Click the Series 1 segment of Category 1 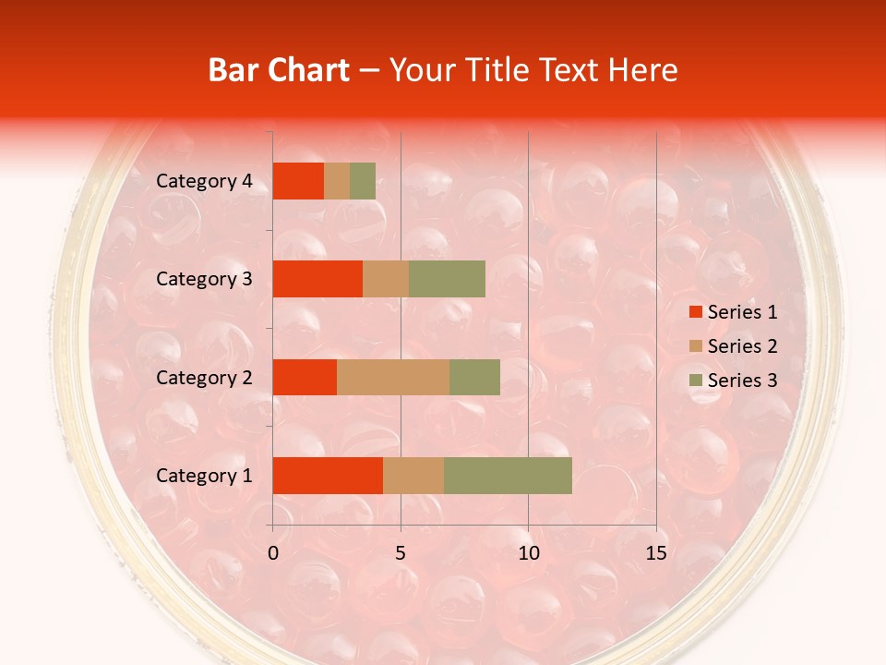[x=328, y=476]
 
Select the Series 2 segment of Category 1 [x=413, y=476]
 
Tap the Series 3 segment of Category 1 [x=508, y=476]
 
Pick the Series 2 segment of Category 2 [x=393, y=377]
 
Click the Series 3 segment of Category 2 [x=474, y=377]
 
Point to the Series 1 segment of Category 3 [x=317, y=279]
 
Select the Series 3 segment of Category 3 [x=447, y=279]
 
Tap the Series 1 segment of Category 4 [x=298, y=181]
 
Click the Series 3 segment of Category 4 [x=363, y=181]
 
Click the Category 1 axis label [x=203, y=476]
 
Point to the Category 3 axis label [x=203, y=279]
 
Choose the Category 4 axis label [x=203, y=181]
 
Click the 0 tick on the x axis [x=273, y=553]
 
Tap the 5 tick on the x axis [x=401, y=553]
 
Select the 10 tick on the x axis [x=528, y=553]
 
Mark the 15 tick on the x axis [x=655, y=553]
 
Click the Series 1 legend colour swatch [x=695, y=312]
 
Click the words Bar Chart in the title [x=279, y=70]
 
